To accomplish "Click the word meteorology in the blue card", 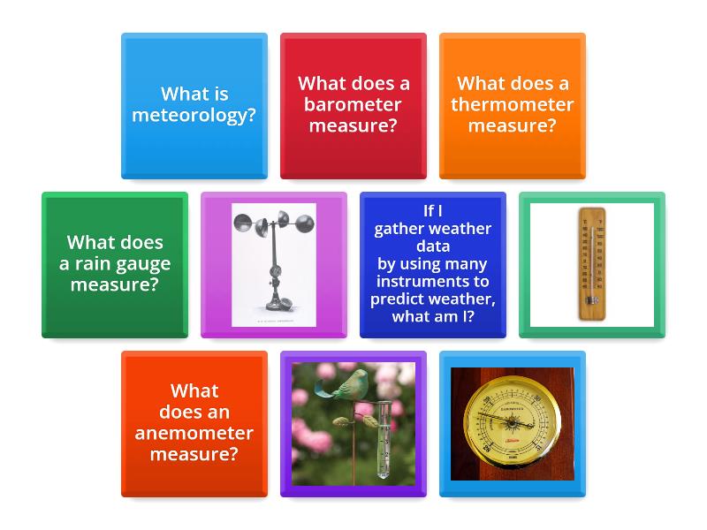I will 194,115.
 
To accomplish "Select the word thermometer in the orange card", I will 513,104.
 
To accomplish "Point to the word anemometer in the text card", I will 194,433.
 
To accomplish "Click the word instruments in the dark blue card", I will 433,281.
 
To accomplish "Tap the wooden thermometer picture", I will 591,263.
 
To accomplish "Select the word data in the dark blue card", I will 433,246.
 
